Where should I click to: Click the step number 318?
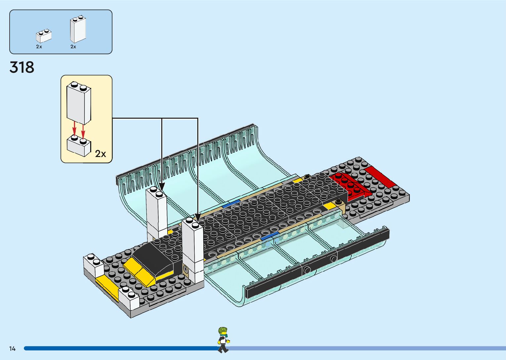coord(22,67)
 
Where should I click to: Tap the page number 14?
coord(13,348)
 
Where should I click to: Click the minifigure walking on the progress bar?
coord(223,340)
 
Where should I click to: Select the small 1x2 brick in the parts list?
coord(44,36)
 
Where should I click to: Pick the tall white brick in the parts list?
coord(78,30)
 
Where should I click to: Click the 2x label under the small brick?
coord(39,47)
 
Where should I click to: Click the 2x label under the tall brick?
coord(73,47)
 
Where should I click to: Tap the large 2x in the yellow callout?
coord(100,154)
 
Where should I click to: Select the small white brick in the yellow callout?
coord(79,146)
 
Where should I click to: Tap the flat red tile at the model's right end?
coord(380,177)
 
